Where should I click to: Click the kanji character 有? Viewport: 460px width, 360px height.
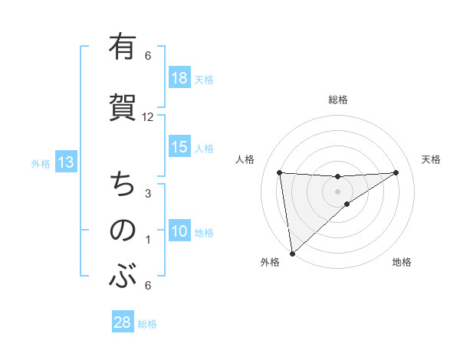[x=122, y=47]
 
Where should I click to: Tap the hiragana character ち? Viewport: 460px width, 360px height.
[x=122, y=185]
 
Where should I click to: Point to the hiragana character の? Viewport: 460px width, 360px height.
[x=122, y=230]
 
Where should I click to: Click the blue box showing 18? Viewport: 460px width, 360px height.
[x=179, y=78]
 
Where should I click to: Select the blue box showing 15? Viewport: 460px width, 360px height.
[x=179, y=147]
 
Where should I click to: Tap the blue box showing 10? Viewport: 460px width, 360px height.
[x=179, y=231]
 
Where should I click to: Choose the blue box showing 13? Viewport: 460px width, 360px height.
[x=65, y=162]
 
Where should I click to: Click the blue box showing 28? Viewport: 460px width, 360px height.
[x=123, y=322]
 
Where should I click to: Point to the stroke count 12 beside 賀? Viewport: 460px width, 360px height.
[x=148, y=117]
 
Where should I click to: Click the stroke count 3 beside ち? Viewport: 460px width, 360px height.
[x=148, y=194]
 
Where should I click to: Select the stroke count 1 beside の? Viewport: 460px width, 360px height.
[x=148, y=240]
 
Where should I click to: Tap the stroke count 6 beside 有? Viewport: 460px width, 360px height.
[x=148, y=56]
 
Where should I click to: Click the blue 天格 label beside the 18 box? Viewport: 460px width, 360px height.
[x=203, y=79]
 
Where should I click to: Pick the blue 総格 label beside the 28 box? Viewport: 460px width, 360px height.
[x=147, y=323]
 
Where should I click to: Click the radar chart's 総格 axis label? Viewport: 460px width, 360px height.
[x=337, y=100]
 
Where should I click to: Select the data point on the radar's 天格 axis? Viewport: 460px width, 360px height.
[x=396, y=172]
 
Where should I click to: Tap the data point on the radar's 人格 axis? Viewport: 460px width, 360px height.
[x=279, y=172]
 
